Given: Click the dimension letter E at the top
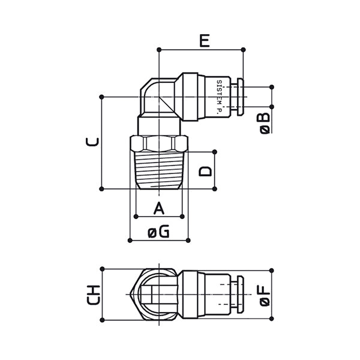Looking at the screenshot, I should [x=205, y=41].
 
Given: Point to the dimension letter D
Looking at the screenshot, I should [x=205, y=171].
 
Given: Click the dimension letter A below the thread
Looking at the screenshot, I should [x=159, y=208].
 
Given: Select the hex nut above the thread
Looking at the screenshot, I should [x=159, y=143].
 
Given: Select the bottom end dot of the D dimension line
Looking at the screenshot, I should [x=214, y=189].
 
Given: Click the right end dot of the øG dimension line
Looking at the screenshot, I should [x=188, y=241].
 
